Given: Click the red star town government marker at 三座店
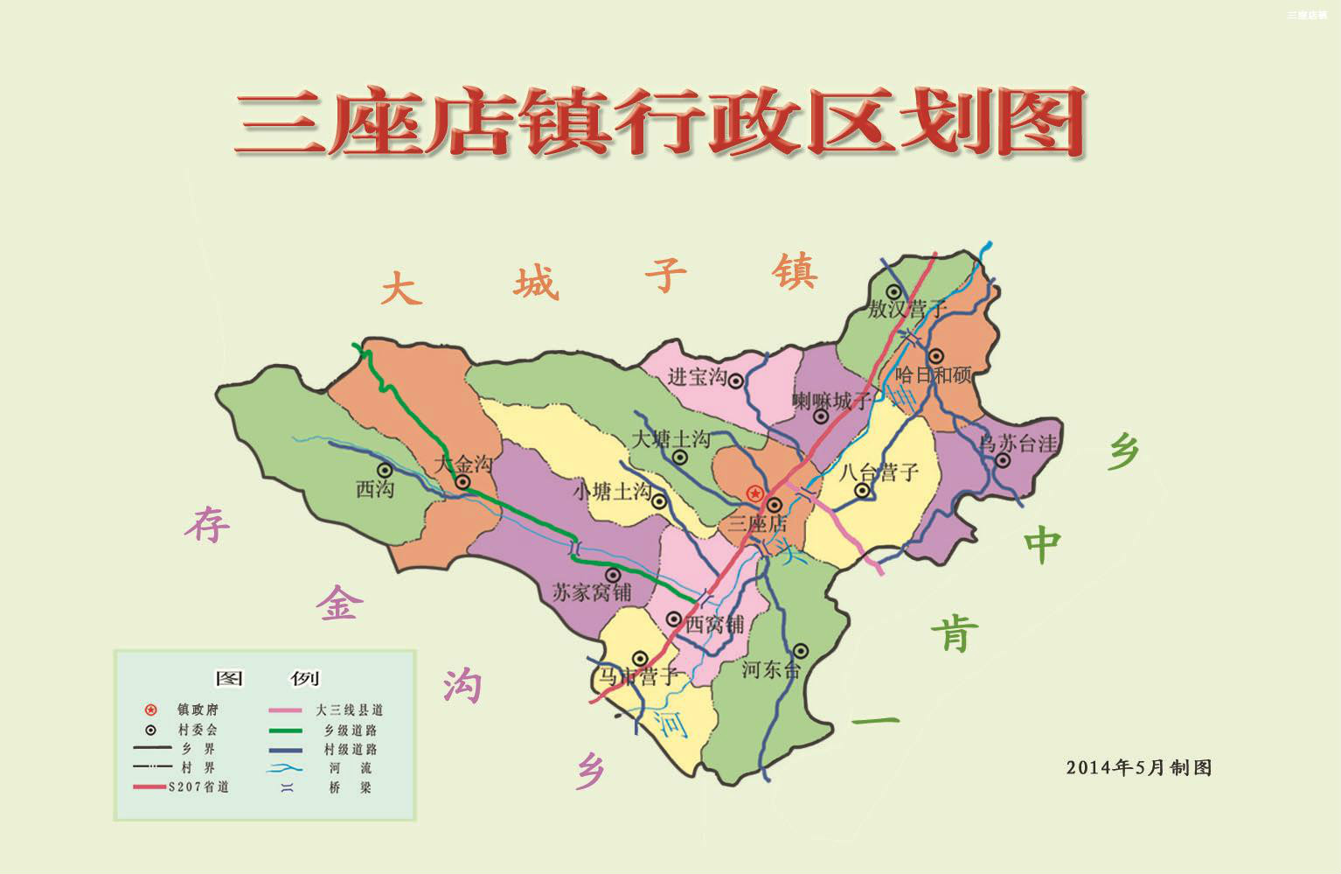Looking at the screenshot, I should pyautogui.click(x=754, y=494).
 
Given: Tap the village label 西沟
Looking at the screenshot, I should pyautogui.click(x=374, y=490).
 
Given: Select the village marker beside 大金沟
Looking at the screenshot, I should pyautogui.click(x=462, y=482).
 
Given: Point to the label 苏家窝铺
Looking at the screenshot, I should pyautogui.click(x=592, y=592).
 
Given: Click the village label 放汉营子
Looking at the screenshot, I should pyautogui.click(x=907, y=310).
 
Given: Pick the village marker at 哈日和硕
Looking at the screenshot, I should pyautogui.click(x=936, y=356).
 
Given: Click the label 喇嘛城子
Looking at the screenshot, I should pyautogui.click(x=831, y=401).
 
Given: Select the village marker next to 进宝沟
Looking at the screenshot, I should pyautogui.click(x=736, y=381).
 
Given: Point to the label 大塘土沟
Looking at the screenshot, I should pyautogui.click(x=670, y=438).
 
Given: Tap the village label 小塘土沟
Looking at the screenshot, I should pyautogui.click(x=612, y=492).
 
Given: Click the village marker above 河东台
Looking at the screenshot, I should pyautogui.click(x=800, y=651).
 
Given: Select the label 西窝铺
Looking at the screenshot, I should pyautogui.click(x=714, y=625).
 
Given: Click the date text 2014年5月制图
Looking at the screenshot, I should pyautogui.click(x=1138, y=767).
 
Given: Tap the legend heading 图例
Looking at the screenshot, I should pyautogui.click(x=267, y=678).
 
